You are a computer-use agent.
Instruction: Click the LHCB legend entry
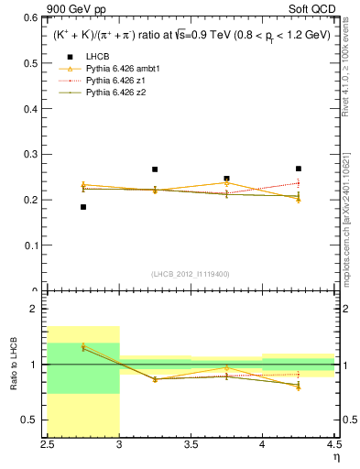click(96, 57)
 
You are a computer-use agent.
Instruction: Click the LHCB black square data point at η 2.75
click(83, 207)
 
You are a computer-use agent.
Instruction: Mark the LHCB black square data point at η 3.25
click(155, 169)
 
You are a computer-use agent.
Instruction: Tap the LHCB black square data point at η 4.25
click(298, 169)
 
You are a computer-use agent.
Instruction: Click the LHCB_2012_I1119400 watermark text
click(191, 274)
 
